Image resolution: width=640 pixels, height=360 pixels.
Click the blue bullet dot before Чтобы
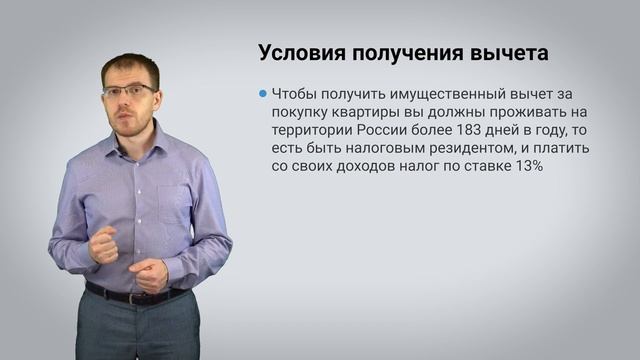[x=262, y=92]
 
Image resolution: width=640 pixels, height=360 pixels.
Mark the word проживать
[x=528, y=111]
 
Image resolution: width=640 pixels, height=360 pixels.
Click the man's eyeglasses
[x=129, y=91]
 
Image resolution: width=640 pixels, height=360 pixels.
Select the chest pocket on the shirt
[x=174, y=201]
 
